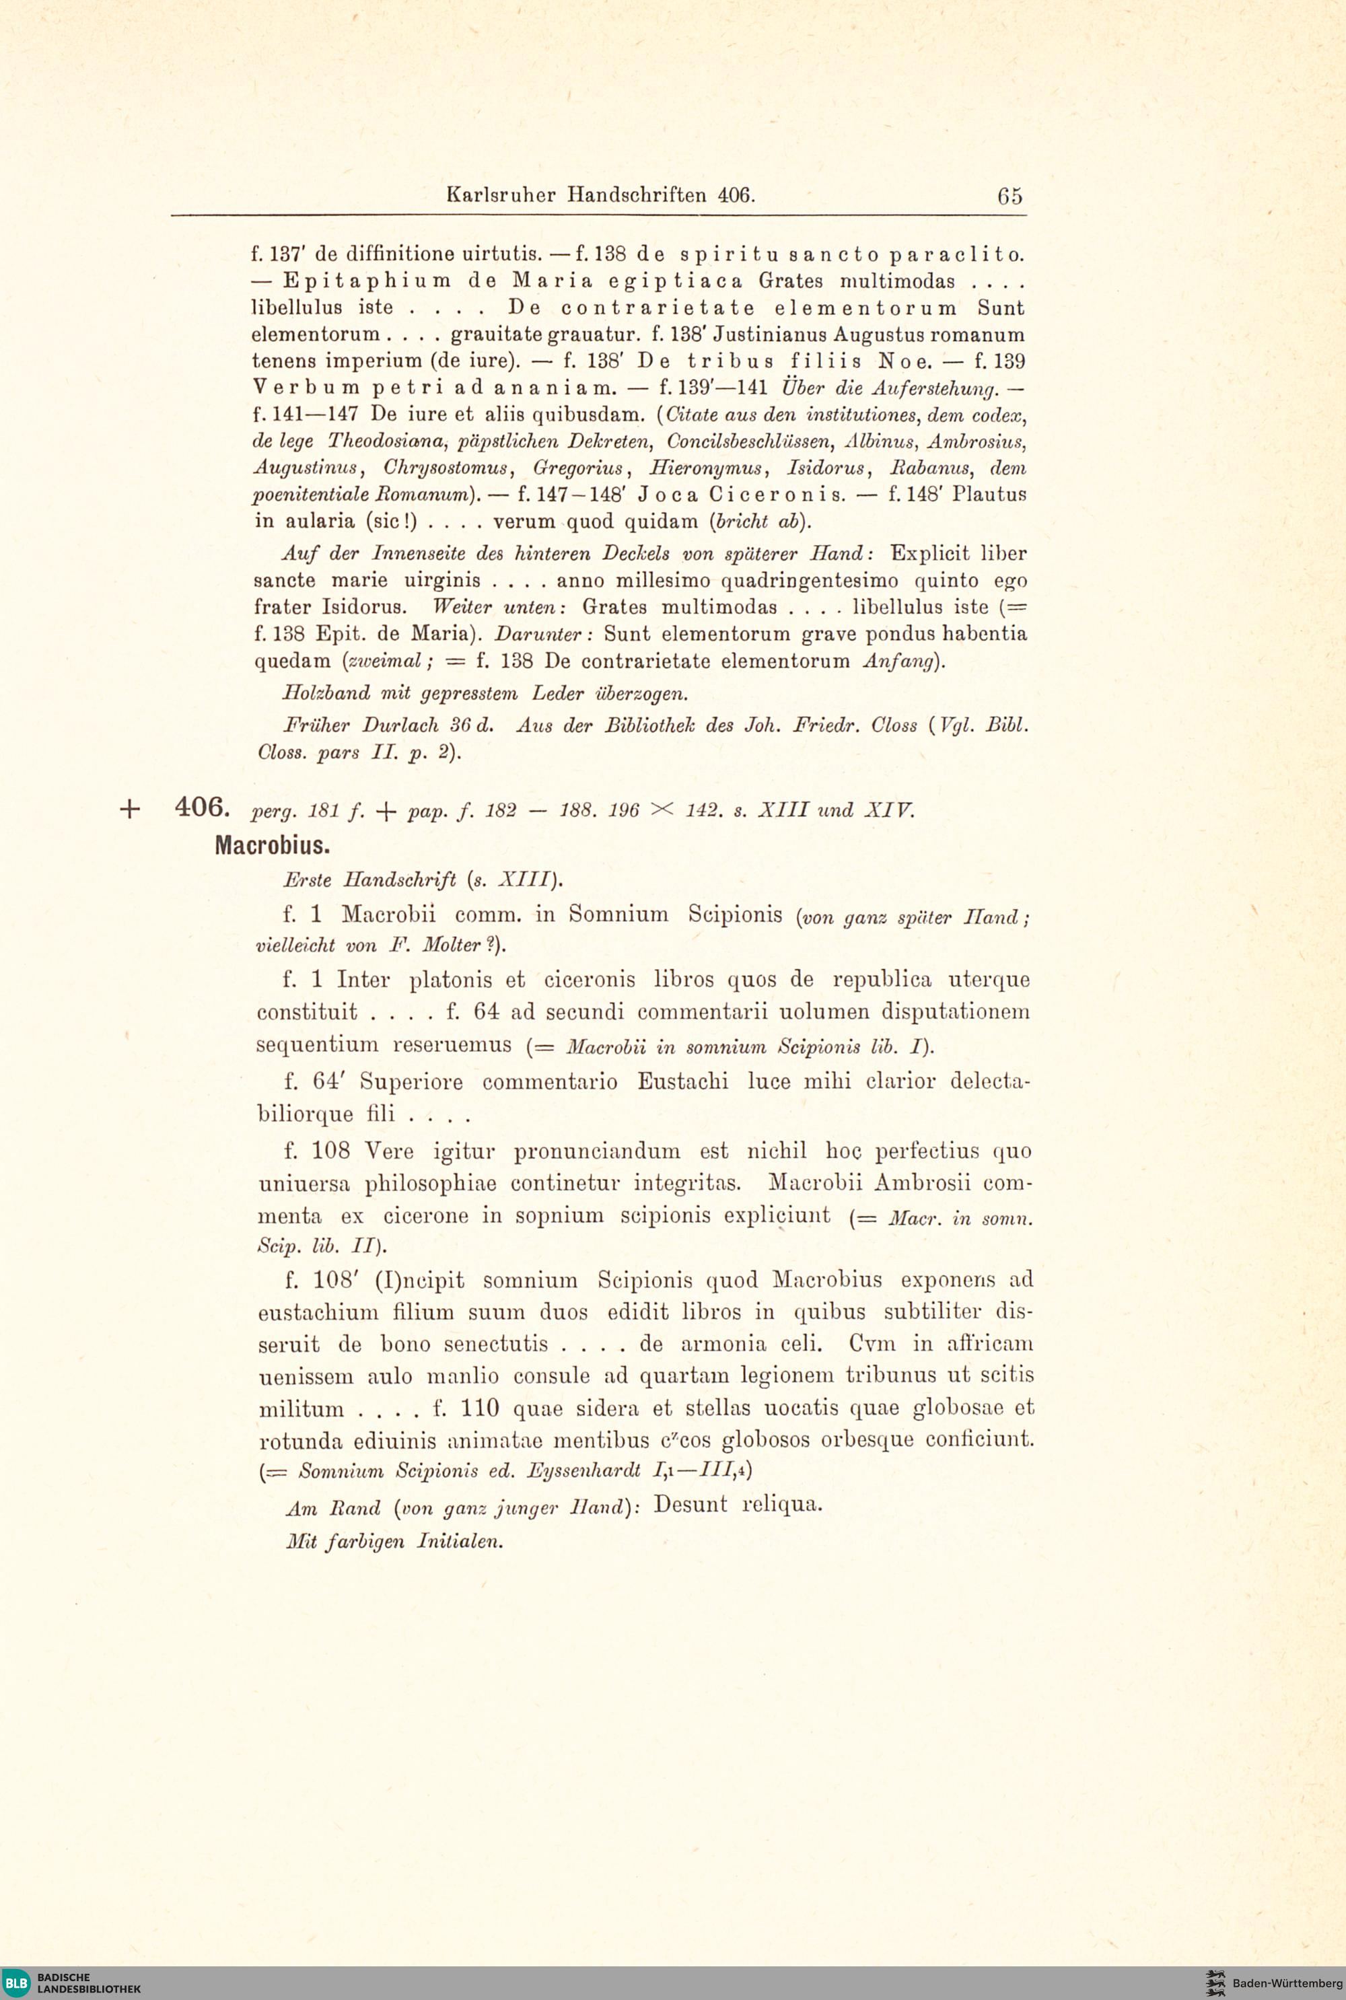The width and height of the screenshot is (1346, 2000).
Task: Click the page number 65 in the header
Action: [x=1010, y=196]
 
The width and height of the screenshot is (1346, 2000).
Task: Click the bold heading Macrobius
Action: [x=272, y=845]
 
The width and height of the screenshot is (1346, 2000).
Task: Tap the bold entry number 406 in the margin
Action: [x=201, y=807]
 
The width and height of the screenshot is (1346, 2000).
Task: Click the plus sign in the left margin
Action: [x=130, y=809]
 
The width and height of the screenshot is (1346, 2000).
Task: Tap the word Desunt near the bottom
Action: [x=689, y=1505]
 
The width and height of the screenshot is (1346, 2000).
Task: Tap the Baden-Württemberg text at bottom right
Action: [x=1286, y=1983]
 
